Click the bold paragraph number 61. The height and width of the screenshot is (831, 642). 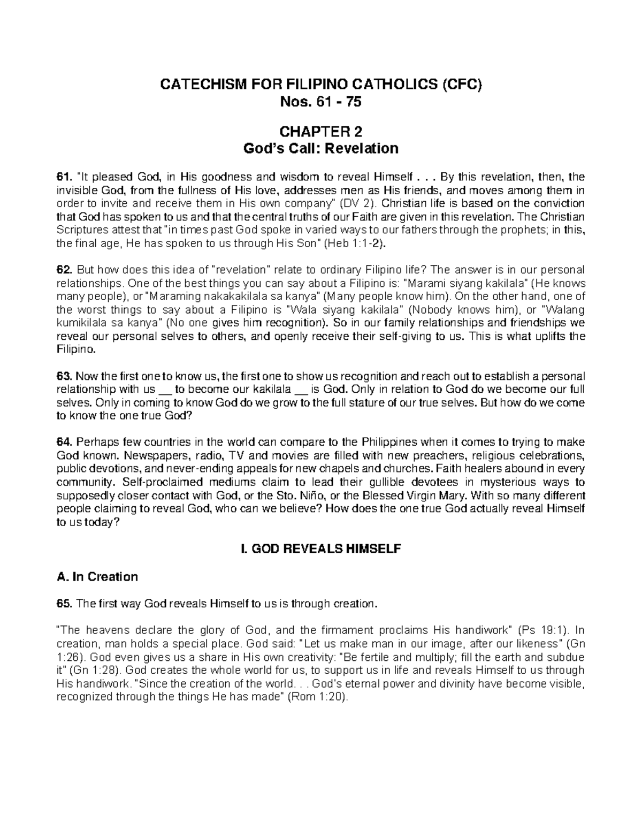tap(63, 177)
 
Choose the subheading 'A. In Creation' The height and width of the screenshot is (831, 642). tap(97, 577)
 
